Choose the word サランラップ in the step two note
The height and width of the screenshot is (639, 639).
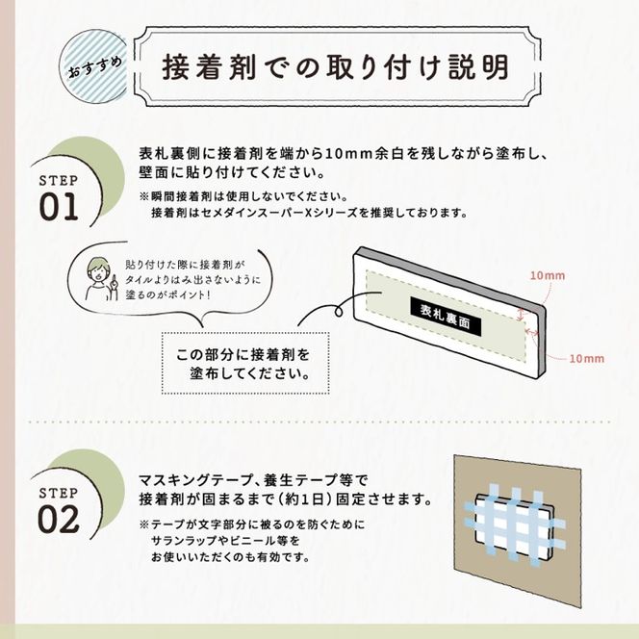point(183,541)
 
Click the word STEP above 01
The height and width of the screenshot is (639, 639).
point(58,181)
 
